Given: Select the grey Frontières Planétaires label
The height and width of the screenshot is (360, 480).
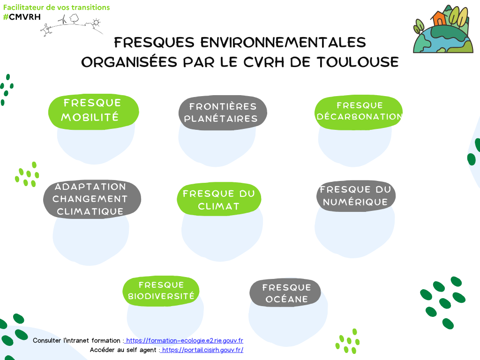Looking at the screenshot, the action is click(223, 112).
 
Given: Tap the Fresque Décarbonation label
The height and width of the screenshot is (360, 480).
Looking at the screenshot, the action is click(359, 112).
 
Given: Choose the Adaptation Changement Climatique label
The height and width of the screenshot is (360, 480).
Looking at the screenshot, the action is click(92, 199).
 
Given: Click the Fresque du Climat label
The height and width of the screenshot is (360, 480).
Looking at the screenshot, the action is click(219, 199).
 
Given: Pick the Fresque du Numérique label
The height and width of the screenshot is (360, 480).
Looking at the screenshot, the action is click(356, 196).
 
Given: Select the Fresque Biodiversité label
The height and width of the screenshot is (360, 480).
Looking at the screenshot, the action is click(161, 291).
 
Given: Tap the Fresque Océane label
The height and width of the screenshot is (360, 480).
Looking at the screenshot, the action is click(285, 293).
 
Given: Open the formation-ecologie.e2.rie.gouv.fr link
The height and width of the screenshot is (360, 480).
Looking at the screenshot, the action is click(184, 340).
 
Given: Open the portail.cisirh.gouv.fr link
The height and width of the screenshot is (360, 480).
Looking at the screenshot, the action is click(202, 350).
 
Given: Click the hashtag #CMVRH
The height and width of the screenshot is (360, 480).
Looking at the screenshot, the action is click(22, 17).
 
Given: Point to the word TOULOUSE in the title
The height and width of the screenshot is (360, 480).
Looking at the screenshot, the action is click(358, 62).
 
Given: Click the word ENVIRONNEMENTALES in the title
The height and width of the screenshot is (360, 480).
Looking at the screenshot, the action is click(283, 42).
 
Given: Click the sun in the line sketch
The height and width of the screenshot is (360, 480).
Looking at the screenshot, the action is click(97, 22).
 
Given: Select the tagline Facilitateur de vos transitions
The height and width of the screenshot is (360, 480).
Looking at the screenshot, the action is click(57, 7).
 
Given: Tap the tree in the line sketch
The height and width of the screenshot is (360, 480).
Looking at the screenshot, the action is click(74, 19).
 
